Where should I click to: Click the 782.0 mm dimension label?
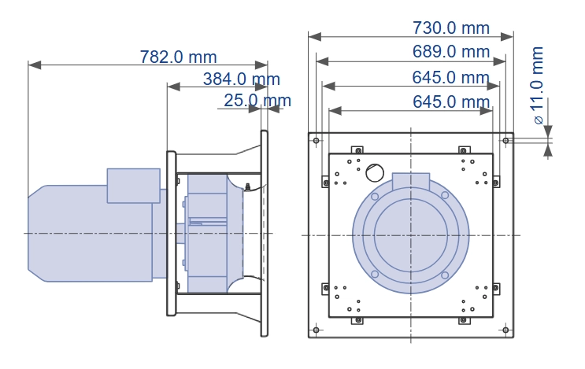[179, 57]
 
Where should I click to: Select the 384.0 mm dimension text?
[242, 79]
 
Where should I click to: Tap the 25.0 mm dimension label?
[257, 101]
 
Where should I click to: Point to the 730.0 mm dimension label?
[451, 28]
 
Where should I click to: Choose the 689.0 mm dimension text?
[451, 51]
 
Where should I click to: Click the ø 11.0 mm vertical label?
[537, 85]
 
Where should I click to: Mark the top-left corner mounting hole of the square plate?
[316, 141]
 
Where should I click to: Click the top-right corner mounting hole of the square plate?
[505, 141]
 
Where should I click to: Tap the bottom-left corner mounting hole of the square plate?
[316, 330]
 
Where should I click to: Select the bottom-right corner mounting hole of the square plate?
[505, 330]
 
